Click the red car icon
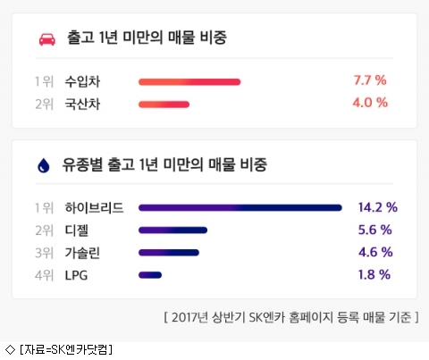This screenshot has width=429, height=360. click(x=47, y=39)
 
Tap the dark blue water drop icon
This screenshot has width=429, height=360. click(x=44, y=165)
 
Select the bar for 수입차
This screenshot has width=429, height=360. click(x=189, y=82)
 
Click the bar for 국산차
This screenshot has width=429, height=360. click(x=164, y=105)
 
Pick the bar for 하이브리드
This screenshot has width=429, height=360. click(x=240, y=207)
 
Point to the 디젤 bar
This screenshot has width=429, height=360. click(x=172, y=230)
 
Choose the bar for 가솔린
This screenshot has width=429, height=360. click(x=169, y=253)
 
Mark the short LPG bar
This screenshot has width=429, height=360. click(x=150, y=275)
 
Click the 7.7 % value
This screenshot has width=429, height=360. click(x=370, y=80)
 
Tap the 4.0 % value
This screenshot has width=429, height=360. click(x=370, y=103)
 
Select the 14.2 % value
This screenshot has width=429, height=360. click(x=378, y=207)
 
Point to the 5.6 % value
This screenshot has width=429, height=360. click(x=374, y=230)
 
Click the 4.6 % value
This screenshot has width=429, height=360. click(x=375, y=252)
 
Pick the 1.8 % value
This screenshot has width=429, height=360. click(x=374, y=274)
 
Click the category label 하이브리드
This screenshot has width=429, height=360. click(x=94, y=208)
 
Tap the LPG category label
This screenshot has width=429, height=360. click(x=76, y=275)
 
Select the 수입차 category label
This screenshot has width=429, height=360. click(x=82, y=81)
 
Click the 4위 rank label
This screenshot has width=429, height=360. click(x=44, y=275)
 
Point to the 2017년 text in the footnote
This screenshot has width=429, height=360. click(x=189, y=317)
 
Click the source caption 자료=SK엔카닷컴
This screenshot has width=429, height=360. click(x=66, y=349)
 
